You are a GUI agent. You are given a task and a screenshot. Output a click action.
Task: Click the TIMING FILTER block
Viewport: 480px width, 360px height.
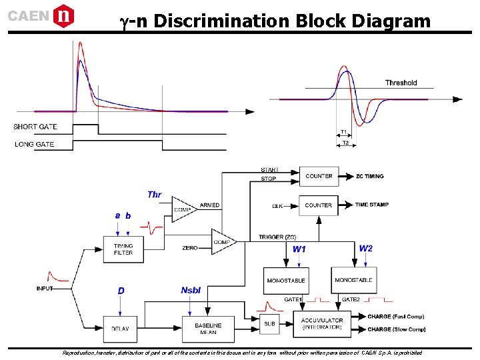pyautogui.click(x=123, y=249)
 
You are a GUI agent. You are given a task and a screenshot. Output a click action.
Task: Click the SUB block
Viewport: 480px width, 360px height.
pyautogui.click(x=269, y=324)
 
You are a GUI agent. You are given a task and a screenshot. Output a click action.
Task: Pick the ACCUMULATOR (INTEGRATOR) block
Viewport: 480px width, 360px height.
pyautogui.click(x=322, y=324)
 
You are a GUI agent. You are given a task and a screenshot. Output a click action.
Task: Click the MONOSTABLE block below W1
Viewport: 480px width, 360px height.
pyautogui.click(x=285, y=281)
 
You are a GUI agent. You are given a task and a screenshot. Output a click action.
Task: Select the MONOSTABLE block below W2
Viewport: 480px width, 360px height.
pyautogui.click(x=353, y=281)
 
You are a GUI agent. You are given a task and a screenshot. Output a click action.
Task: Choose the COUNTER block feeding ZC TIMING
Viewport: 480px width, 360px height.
pyautogui.click(x=319, y=176)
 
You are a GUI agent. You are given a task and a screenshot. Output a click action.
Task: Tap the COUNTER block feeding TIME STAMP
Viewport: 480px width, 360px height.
pyautogui.click(x=319, y=205)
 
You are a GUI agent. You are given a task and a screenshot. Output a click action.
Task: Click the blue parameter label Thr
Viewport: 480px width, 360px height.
pyautogui.click(x=154, y=195)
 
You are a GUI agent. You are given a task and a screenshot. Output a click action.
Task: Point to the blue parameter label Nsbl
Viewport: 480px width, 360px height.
pyautogui.click(x=190, y=290)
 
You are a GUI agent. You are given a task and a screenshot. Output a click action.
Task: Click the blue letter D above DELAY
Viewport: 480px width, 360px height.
pyautogui.click(x=121, y=291)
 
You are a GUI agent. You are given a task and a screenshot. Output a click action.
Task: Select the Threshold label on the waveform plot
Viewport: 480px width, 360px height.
pyautogui.click(x=401, y=83)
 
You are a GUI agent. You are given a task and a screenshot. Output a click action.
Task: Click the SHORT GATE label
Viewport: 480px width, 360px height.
pyautogui.click(x=35, y=127)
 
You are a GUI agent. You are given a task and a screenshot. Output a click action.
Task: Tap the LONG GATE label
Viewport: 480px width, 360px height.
pyautogui.click(x=34, y=144)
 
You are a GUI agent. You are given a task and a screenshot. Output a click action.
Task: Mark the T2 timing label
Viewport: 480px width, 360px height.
pyautogui.click(x=345, y=143)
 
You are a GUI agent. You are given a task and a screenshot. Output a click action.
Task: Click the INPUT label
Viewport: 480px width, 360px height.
pyautogui.click(x=45, y=288)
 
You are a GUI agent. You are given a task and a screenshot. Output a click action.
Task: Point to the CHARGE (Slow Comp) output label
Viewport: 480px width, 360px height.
pyautogui.click(x=397, y=329)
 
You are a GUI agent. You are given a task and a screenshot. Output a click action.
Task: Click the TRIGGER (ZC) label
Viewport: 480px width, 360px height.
pyautogui.click(x=277, y=237)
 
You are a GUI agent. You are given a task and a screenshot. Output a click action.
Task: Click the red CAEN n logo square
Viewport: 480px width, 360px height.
pyautogui.click(x=63, y=15)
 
